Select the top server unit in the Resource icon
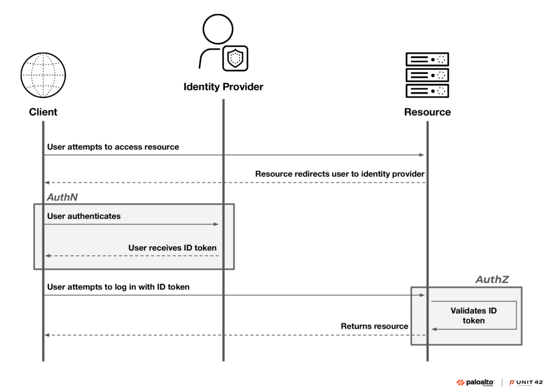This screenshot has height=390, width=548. click(427, 58)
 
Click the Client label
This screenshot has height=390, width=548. click(43, 112)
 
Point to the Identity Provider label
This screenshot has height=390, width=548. click(223, 87)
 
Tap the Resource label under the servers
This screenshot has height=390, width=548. click(427, 112)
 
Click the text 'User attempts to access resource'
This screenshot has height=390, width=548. click(113, 147)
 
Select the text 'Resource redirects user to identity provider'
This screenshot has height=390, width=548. click(340, 174)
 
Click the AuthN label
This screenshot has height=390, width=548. click(58, 197)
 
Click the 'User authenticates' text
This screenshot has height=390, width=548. click(84, 216)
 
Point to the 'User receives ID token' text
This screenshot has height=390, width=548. click(172, 247)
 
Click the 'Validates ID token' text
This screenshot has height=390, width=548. click(473, 315)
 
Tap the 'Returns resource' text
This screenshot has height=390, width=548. click(374, 326)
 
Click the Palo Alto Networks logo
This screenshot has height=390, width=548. click(477, 381)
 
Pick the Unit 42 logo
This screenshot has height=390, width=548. click(525, 381)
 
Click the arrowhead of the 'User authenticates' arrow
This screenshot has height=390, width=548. click(216, 225)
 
